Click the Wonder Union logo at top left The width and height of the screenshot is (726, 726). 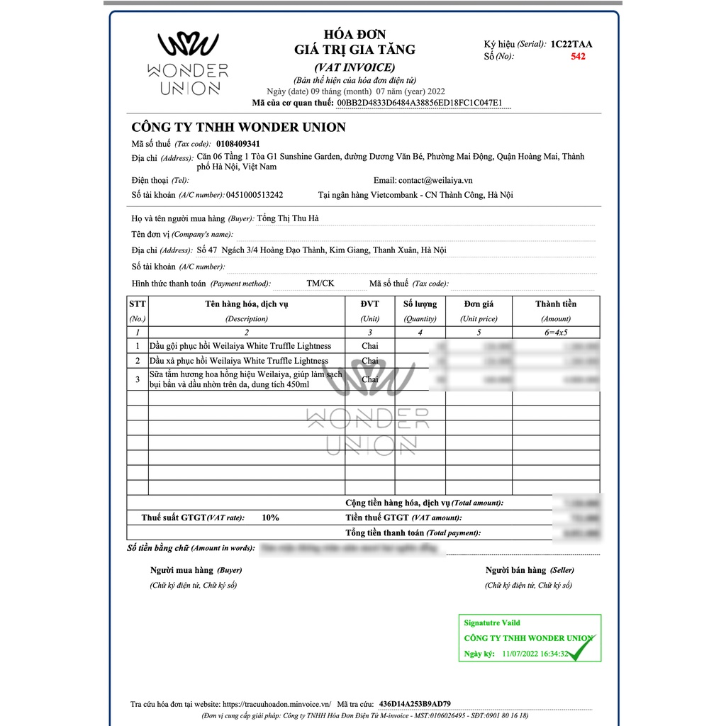point(188,63)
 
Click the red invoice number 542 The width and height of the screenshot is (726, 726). point(578,57)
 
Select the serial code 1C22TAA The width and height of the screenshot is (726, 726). point(571,44)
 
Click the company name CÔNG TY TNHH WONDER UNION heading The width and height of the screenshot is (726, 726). point(239,128)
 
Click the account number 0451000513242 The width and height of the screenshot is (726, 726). point(255,195)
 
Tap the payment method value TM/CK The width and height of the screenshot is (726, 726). point(320,284)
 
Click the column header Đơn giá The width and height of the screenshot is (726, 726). point(479,304)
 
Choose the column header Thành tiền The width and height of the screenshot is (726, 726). point(556,304)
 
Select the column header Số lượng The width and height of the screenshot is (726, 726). point(420,304)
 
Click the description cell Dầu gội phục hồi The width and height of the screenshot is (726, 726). point(240,346)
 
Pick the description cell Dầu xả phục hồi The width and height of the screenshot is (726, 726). point(239,361)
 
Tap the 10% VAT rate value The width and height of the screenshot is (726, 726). point(270,518)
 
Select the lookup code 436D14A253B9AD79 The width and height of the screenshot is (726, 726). point(415,704)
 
